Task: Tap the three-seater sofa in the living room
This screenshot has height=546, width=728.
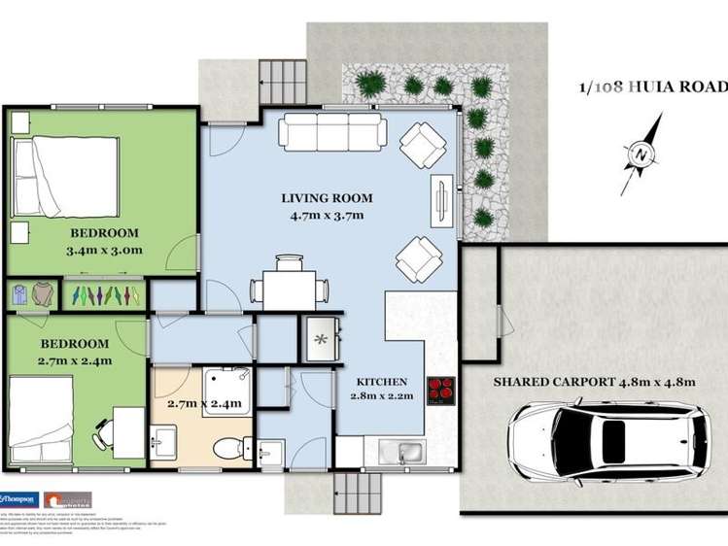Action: tap(332, 133)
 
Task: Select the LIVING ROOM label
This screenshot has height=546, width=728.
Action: tap(327, 198)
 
